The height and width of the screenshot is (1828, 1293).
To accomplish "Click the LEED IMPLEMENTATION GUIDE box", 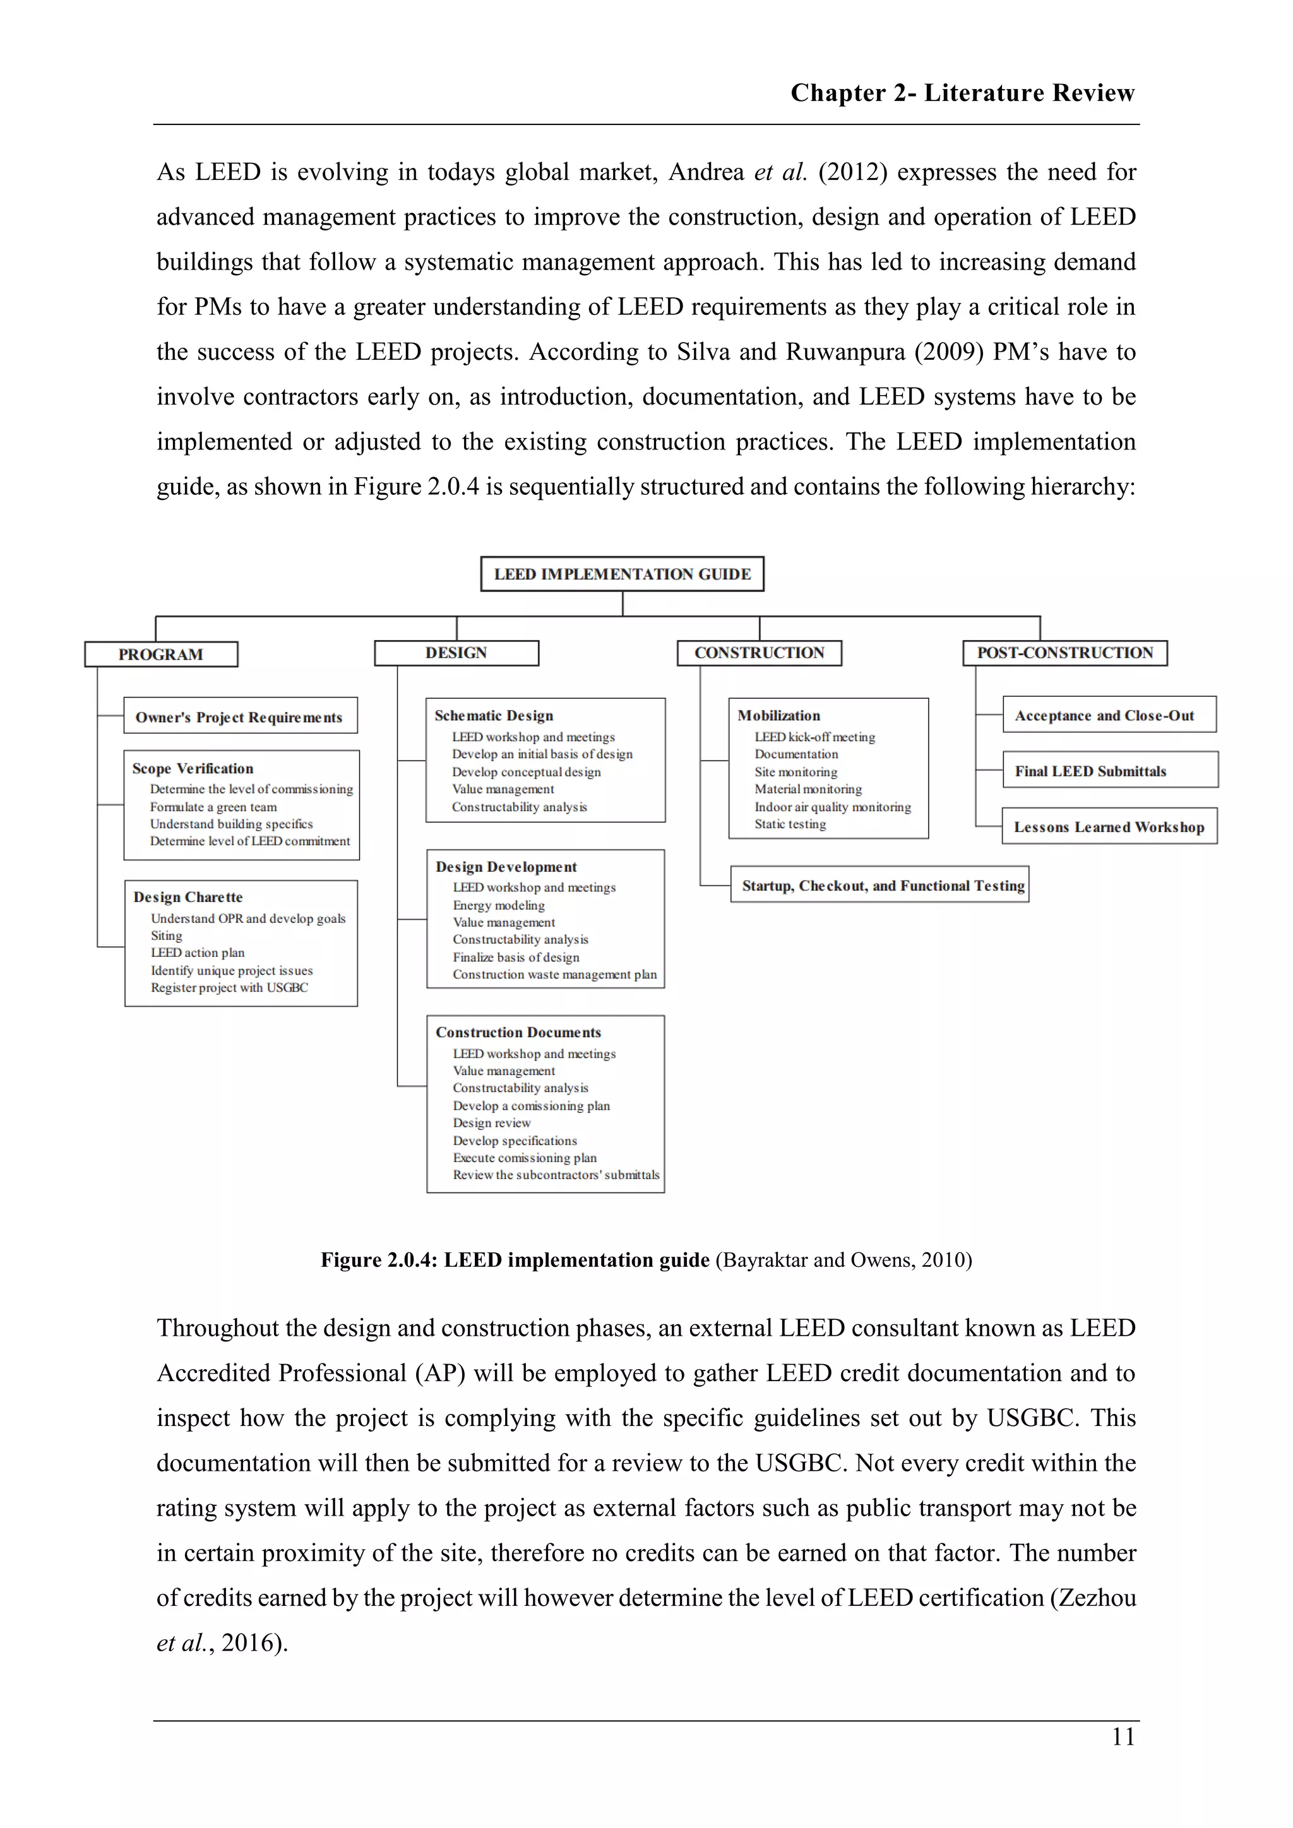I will tap(622, 574).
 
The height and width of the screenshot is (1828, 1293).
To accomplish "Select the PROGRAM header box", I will tap(161, 655).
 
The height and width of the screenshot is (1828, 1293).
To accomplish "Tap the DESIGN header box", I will tap(456, 653).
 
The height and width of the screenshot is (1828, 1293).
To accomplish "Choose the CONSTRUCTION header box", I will tap(759, 653).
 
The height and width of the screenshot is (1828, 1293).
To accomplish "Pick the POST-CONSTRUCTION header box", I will tap(1064, 653).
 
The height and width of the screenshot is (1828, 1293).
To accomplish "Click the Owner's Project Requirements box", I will tap(240, 716).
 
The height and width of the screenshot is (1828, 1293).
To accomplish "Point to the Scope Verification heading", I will tap(193, 768).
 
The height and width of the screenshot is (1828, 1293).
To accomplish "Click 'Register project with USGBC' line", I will tap(229, 987).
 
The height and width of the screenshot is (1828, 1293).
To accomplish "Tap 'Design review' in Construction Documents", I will tap(492, 1122).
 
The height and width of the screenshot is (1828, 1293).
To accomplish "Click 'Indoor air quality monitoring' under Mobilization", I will tap(833, 807).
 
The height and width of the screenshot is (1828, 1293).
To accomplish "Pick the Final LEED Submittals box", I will tap(1090, 771).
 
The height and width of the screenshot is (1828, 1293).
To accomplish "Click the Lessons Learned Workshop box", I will tap(1108, 826).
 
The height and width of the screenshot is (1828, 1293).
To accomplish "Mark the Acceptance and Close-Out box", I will tap(1104, 715).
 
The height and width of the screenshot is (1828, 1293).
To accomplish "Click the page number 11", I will tap(1123, 1736).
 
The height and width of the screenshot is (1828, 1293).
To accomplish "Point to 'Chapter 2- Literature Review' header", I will tap(962, 93).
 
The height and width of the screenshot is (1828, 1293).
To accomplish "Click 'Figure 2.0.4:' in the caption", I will tap(378, 1259).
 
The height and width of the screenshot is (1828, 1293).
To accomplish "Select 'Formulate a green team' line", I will tap(213, 807).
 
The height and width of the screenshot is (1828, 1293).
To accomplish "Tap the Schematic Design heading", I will tap(494, 716).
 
